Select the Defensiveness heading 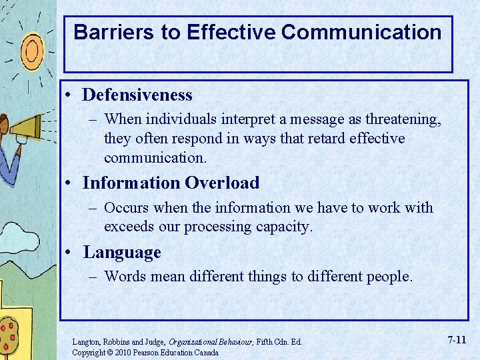tap(137, 95)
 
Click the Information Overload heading tap(171, 183)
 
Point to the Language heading tap(122, 253)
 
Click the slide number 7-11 tap(457, 340)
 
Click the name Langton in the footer tap(87, 342)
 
